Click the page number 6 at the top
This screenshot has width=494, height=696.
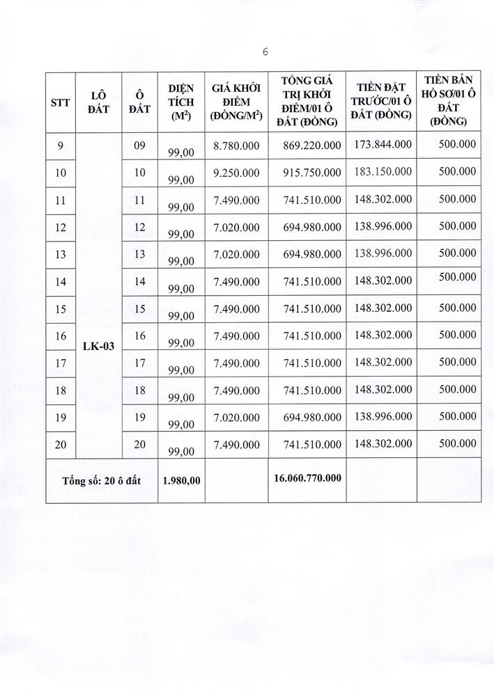click(265, 52)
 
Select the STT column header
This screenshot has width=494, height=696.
click(61, 102)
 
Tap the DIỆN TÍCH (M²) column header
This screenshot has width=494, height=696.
click(180, 102)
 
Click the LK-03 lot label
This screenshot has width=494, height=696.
click(98, 345)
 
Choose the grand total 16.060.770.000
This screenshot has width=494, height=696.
click(307, 480)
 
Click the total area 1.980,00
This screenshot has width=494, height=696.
click(181, 480)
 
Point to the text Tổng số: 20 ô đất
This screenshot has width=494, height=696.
click(102, 480)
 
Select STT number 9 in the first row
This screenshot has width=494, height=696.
click(61, 145)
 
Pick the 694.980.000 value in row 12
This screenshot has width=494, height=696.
click(312, 228)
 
